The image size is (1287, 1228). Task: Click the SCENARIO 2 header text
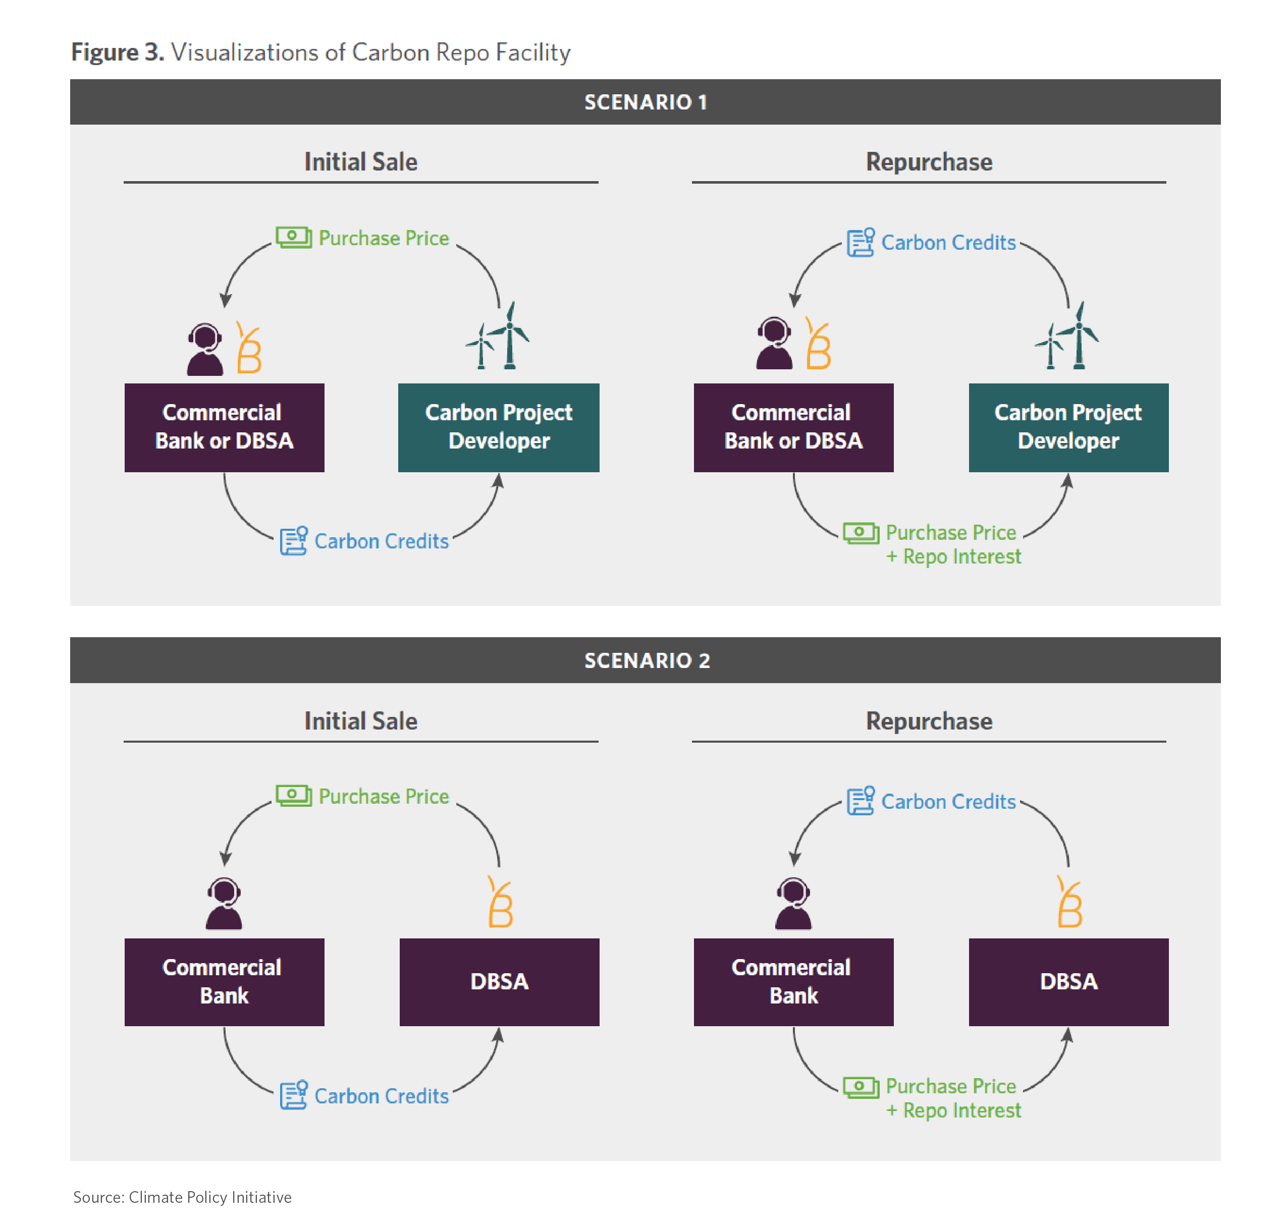[x=647, y=660]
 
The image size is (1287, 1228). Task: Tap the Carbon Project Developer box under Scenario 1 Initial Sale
[x=499, y=427]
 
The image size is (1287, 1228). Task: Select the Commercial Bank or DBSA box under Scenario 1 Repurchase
[x=793, y=427]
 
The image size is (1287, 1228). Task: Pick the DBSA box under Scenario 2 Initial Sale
[x=499, y=982]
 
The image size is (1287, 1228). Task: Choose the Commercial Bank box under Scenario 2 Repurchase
[x=793, y=982]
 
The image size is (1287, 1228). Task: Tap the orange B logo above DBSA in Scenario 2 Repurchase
[x=1069, y=902]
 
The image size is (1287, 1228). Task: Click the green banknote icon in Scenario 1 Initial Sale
[x=293, y=237]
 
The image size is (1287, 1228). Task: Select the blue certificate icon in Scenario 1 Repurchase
[x=861, y=242]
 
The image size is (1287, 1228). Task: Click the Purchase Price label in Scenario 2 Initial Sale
[x=384, y=797]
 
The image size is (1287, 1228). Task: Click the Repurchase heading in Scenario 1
[x=929, y=161]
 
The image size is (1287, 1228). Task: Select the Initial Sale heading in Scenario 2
[x=361, y=720]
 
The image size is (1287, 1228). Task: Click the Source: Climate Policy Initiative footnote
[x=182, y=1197]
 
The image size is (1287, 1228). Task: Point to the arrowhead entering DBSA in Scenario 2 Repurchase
[x=1067, y=1034]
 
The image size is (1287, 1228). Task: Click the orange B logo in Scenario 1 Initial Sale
[x=249, y=347]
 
